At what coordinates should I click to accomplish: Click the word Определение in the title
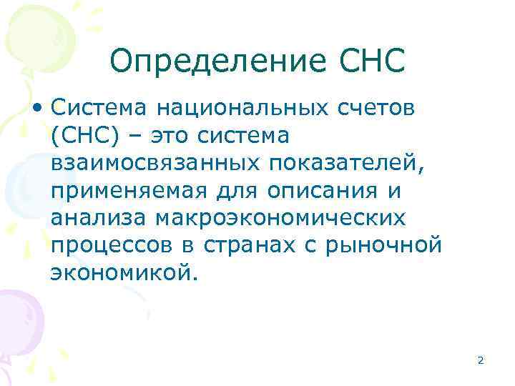click(217, 61)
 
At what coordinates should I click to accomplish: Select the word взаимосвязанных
click(155, 163)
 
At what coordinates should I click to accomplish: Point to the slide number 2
click(480, 361)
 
